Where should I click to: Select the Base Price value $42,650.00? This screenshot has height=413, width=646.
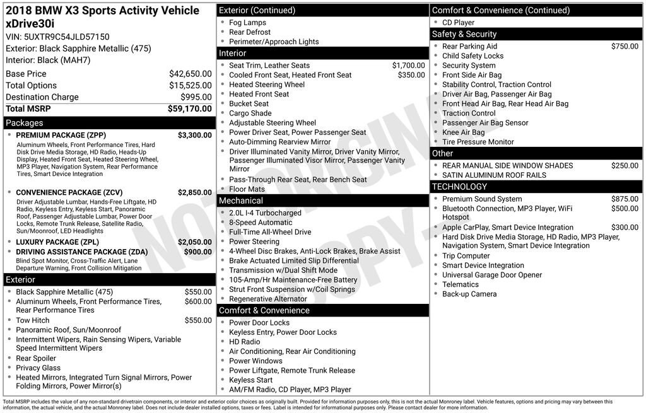point(190,74)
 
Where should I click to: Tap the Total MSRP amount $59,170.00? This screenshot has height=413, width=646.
point(189,108)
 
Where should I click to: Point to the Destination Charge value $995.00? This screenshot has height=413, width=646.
point(197,97)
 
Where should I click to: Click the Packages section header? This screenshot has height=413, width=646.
point(25,123)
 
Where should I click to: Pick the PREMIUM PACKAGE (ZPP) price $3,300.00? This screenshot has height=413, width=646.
point(194,135)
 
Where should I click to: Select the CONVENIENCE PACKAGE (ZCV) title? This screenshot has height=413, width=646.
point(69,192)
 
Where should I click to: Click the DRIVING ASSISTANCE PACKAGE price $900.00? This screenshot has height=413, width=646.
point(197,252)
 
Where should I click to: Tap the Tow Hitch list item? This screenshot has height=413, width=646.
point(33,320)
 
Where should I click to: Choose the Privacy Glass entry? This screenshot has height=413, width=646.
point(38,368)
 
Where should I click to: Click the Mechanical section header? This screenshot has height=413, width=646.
point(240,201)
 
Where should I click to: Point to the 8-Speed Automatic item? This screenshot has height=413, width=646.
point(261,223)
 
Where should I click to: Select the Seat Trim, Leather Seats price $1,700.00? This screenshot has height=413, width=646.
point(408,65)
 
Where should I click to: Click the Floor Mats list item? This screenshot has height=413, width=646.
point(247,189)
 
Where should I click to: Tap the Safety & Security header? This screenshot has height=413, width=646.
point(464,34)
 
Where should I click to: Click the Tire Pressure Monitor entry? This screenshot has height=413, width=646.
point(479,142)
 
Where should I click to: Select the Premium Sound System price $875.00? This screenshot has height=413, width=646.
point(625,199)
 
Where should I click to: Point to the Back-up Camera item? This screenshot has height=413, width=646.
point(469,294)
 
